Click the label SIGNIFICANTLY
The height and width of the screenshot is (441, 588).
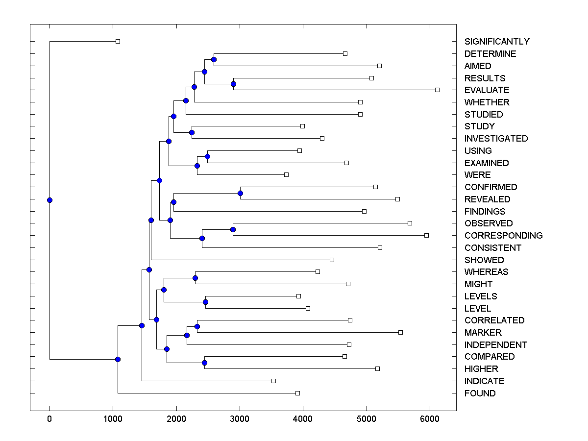pos(497,42)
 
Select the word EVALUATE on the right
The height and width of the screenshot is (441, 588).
pos(487,90)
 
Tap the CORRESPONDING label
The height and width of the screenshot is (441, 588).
pos(503,236)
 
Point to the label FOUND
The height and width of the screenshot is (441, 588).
pos(480,393)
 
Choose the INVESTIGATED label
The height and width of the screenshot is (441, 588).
pos(496,139)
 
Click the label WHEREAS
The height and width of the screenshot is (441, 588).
pos(486,272)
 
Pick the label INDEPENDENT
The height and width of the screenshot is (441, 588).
pos(496,345)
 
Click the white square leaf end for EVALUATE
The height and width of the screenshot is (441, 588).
pos(437,90)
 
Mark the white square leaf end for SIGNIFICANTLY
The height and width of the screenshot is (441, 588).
pos(118,41)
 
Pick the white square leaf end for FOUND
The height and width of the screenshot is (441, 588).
pos(297,393)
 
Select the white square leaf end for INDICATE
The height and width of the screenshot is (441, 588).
pos(273,381)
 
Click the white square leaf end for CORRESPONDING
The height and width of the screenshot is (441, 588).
pos(426,235)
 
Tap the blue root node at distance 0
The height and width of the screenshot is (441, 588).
pos(49,200)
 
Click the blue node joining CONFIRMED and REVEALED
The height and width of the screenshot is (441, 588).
pos(240,193)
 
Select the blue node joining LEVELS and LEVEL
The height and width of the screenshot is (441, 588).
pos(205,302)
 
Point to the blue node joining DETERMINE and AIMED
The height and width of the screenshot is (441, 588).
pos(214,59)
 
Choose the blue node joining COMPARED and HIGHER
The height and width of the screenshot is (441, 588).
pos(204,363)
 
